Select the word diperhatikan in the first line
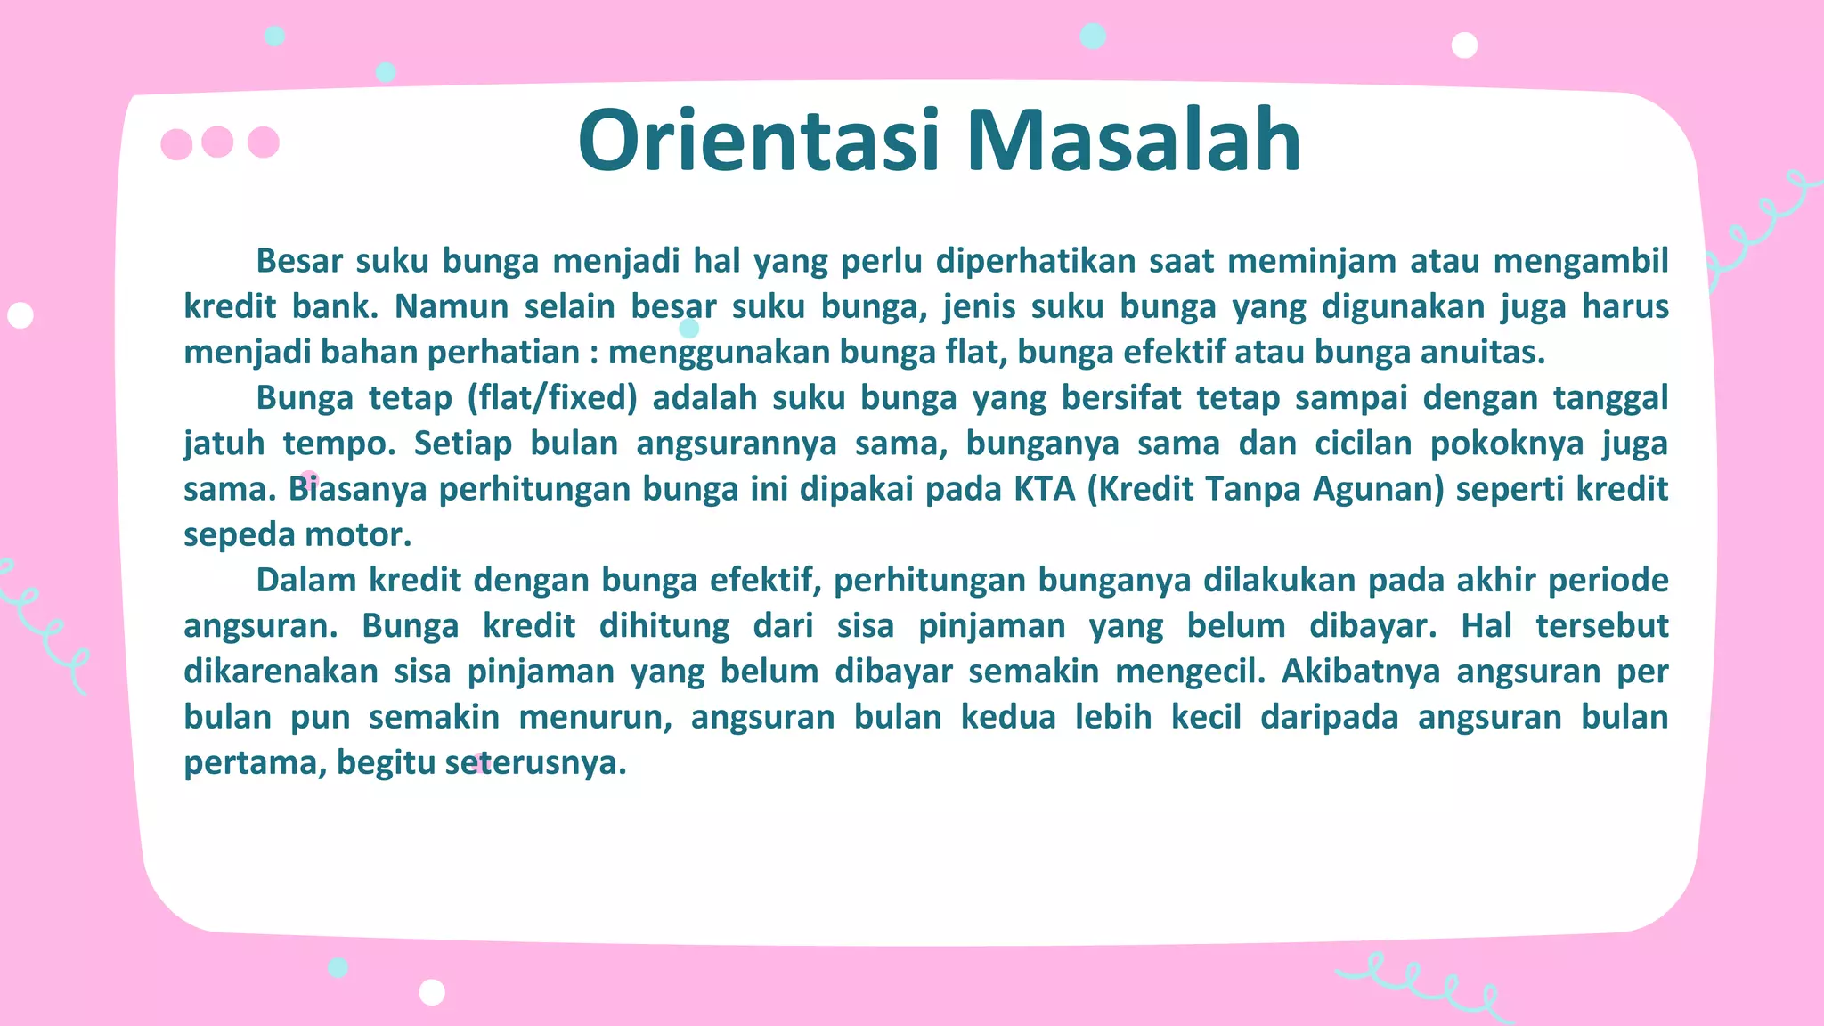click(x=1035, y=261)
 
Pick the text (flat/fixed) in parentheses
click(x=552, y=397)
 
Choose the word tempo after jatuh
click(x=339, y=443)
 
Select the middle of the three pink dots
click(x=217, y=142)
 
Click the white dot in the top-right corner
click(x=1464, y=45)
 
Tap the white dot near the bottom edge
click(x=432, y=991)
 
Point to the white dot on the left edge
click(x=20, y=315)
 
